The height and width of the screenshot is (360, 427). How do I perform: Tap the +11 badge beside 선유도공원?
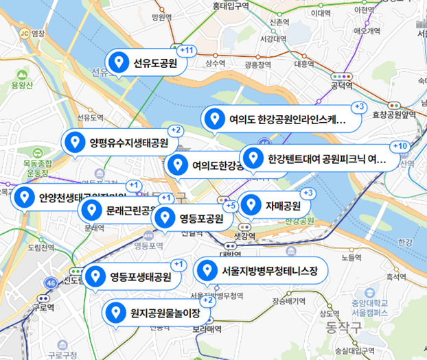(x=186, y=51)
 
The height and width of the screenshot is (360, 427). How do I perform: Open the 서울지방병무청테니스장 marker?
(x=258, y=272)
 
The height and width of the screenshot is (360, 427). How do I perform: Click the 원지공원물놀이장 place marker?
(x=155, y=313)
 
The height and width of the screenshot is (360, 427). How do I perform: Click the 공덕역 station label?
(x=341, y=86)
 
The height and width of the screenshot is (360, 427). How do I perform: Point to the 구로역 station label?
(x=43, y=308)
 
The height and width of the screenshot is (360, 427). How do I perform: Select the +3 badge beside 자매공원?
(x=308, y=193)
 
